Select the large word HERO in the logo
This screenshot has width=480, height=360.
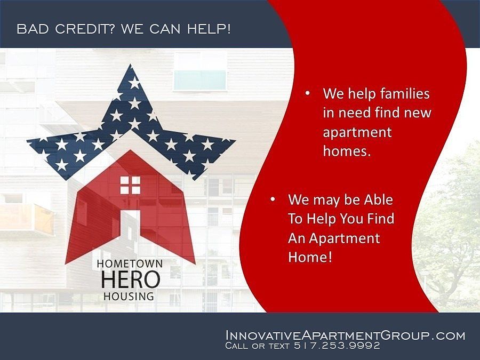[x=131, y=279]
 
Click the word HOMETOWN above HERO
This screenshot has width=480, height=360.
[x=130, y=263]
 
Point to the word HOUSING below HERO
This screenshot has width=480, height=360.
[x=129, y=296]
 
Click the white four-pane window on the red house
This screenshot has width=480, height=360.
[x=130, y=185]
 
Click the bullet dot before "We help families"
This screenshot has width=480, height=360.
[x=307, y=93]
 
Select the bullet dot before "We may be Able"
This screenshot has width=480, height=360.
[x=273, y=199]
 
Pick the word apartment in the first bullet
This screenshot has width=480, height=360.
[x=357, y=133]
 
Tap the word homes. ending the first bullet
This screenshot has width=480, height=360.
[x=347, y=151]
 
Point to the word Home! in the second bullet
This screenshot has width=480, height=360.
[x=310, y=257]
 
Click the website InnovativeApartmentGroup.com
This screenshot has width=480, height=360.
[x=345, y=335]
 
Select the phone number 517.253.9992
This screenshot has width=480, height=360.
[x=337, y=346]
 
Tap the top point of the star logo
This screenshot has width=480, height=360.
[x=131, y=65]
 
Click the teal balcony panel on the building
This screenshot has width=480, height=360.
[x=200, y=80]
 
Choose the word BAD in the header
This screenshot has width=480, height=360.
[x=33, y=29]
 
